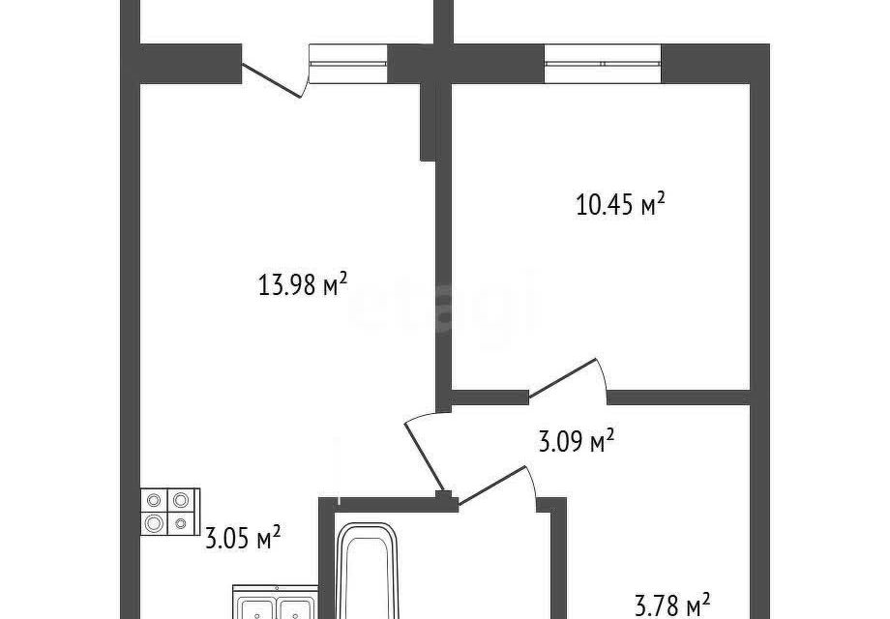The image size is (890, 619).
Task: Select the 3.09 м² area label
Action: pyautogui.click(x=576, y=444)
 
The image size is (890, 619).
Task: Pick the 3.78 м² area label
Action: pyautogui.click(x=671, y=605)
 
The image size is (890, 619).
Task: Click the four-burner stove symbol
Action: pyautogui.click(x=169, y=512)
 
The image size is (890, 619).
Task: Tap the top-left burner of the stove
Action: pyautogui.click(x=156, y=500)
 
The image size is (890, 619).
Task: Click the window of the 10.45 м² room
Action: pyautogui.click(x=603, y=64)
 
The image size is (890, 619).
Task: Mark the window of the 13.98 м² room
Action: pyautogui.click(x=347, y=64)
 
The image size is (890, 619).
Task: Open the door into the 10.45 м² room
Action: pyautogui.click(x=567, y=379)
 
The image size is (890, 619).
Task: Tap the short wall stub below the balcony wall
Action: pyautogui.click(x=427, y=121)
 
